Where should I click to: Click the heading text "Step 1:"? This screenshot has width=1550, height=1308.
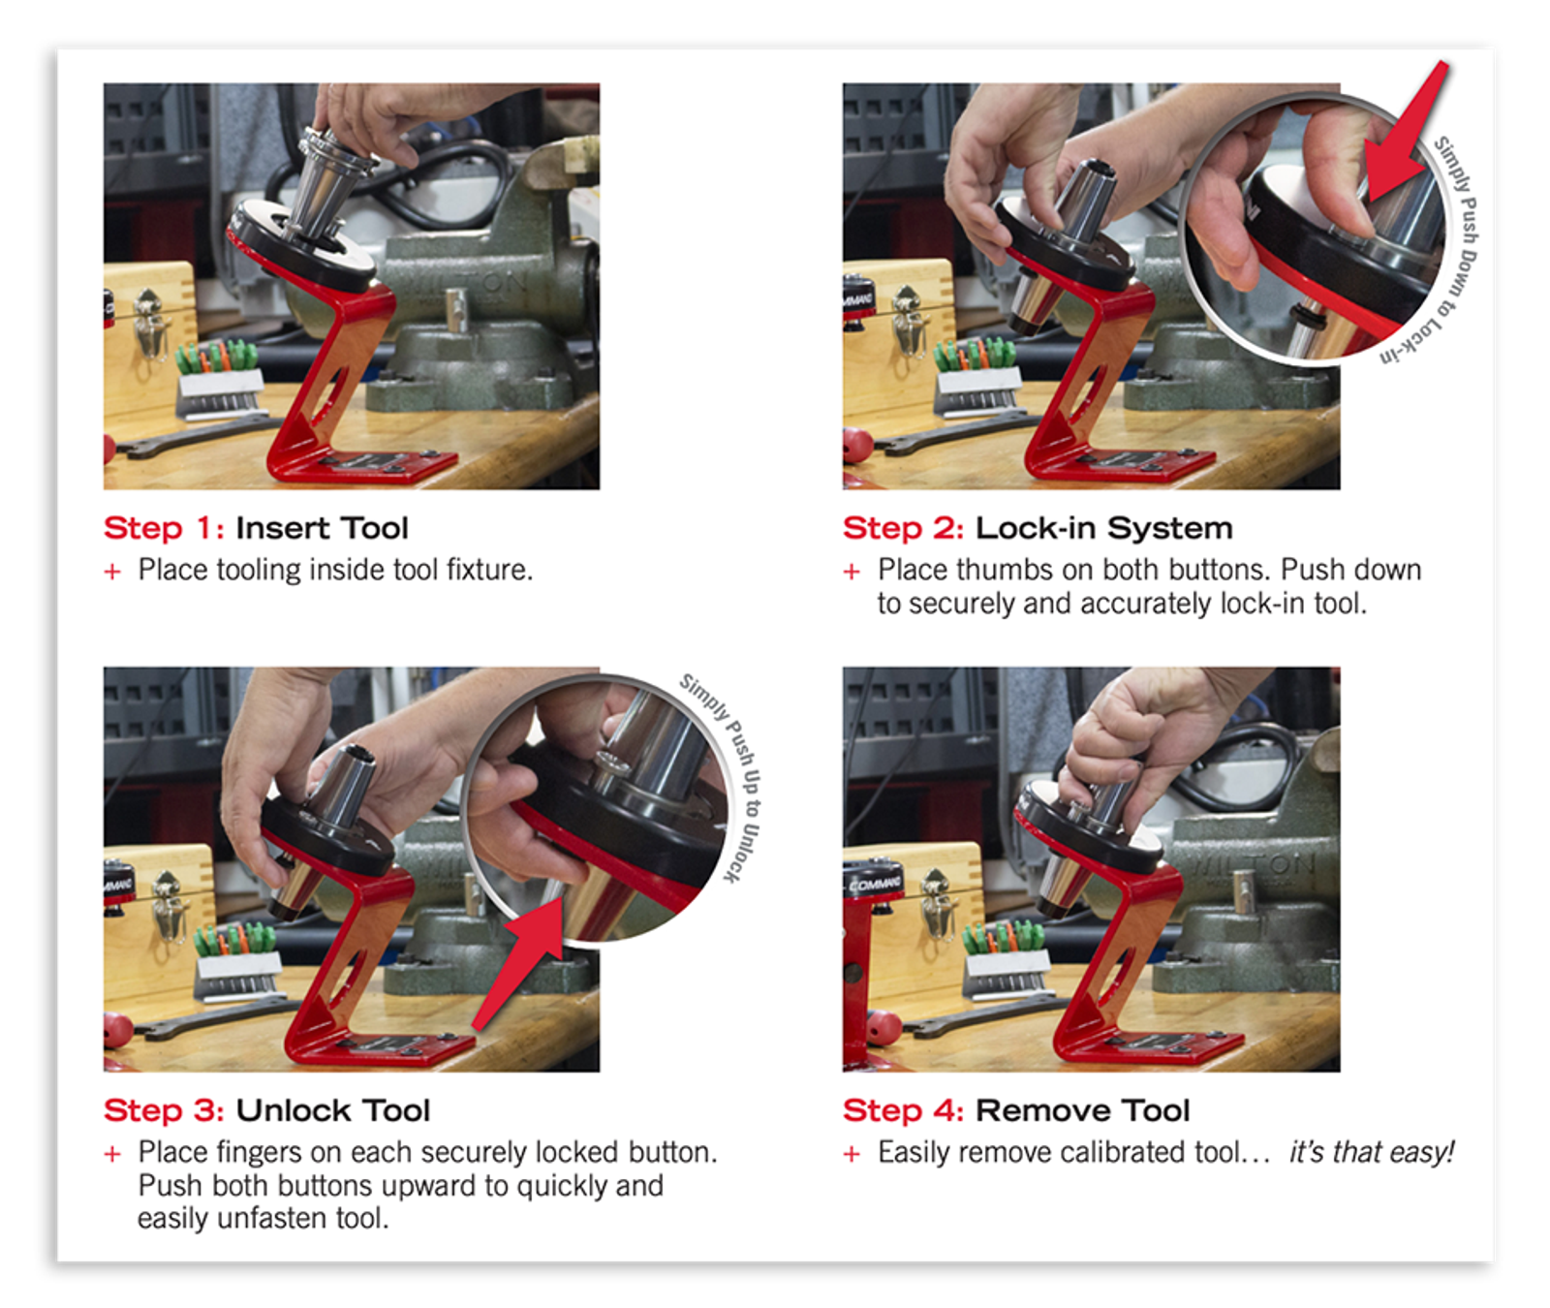(164, 528)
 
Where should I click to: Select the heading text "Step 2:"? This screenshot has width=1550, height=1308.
(903, 528)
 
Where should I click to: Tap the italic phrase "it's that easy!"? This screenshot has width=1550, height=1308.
(1372, 1152)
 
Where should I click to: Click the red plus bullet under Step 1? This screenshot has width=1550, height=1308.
(112, 572)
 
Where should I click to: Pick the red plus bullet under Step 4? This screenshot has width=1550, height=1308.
(852, 1154)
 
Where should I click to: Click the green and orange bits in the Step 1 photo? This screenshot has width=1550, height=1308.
(216, 356)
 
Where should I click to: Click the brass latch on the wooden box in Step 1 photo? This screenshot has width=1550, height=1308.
(151, 325)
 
